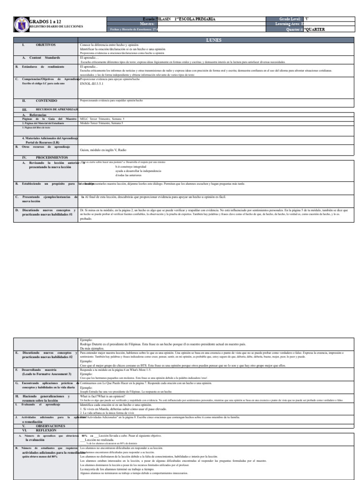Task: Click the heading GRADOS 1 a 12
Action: point(45,22)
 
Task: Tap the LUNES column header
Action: point(213,40)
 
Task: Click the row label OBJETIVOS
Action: point(45,45)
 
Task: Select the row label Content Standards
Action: point(47,58)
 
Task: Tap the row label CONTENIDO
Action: point(46,101)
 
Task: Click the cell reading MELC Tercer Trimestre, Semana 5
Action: point(102,119)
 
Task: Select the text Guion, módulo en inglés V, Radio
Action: point(103,150)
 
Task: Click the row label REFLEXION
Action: point(45,429)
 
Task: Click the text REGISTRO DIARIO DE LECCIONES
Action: point(56,27)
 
